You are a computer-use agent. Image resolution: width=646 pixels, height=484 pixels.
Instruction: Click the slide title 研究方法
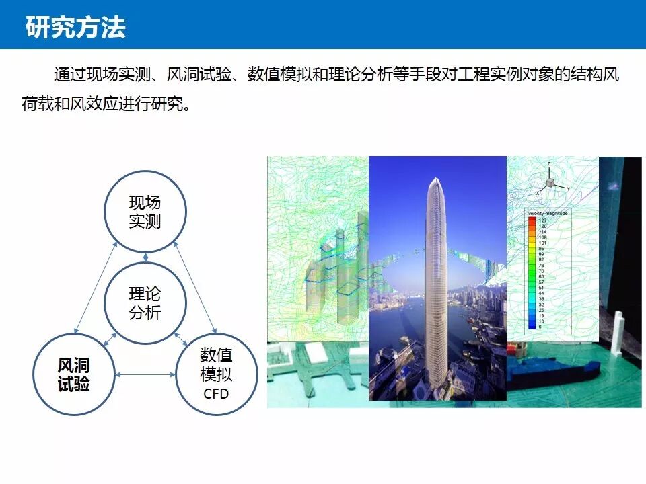pos(75,28)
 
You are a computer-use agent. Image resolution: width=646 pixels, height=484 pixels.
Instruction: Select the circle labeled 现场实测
pos(145,212)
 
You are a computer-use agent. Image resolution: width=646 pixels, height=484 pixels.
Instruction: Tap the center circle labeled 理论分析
pos(145,303)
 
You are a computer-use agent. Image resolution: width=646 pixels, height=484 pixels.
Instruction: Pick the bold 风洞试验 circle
pos(74,374)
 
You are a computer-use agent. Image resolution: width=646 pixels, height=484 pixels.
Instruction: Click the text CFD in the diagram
pos(216,393)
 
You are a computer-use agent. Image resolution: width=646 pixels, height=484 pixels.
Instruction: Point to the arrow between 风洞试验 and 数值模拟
pos(145,375)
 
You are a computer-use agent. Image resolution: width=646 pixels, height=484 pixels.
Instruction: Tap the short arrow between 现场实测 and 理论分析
pos(145,257)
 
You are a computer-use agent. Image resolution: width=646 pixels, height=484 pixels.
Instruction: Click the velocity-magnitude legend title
pos(547,213)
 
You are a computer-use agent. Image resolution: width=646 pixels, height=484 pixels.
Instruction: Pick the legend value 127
pos(542,220)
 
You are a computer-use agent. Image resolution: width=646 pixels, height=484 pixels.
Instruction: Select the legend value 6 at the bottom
pos(542,327)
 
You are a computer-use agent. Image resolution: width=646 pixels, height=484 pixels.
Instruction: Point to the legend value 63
pos(542,276)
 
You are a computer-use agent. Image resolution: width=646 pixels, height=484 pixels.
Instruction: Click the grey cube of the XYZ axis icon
pos(550,183)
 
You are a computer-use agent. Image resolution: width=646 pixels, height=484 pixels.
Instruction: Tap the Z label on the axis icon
pos(550,164)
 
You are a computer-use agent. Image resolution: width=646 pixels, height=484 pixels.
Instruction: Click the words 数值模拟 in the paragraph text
pos(276,75)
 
